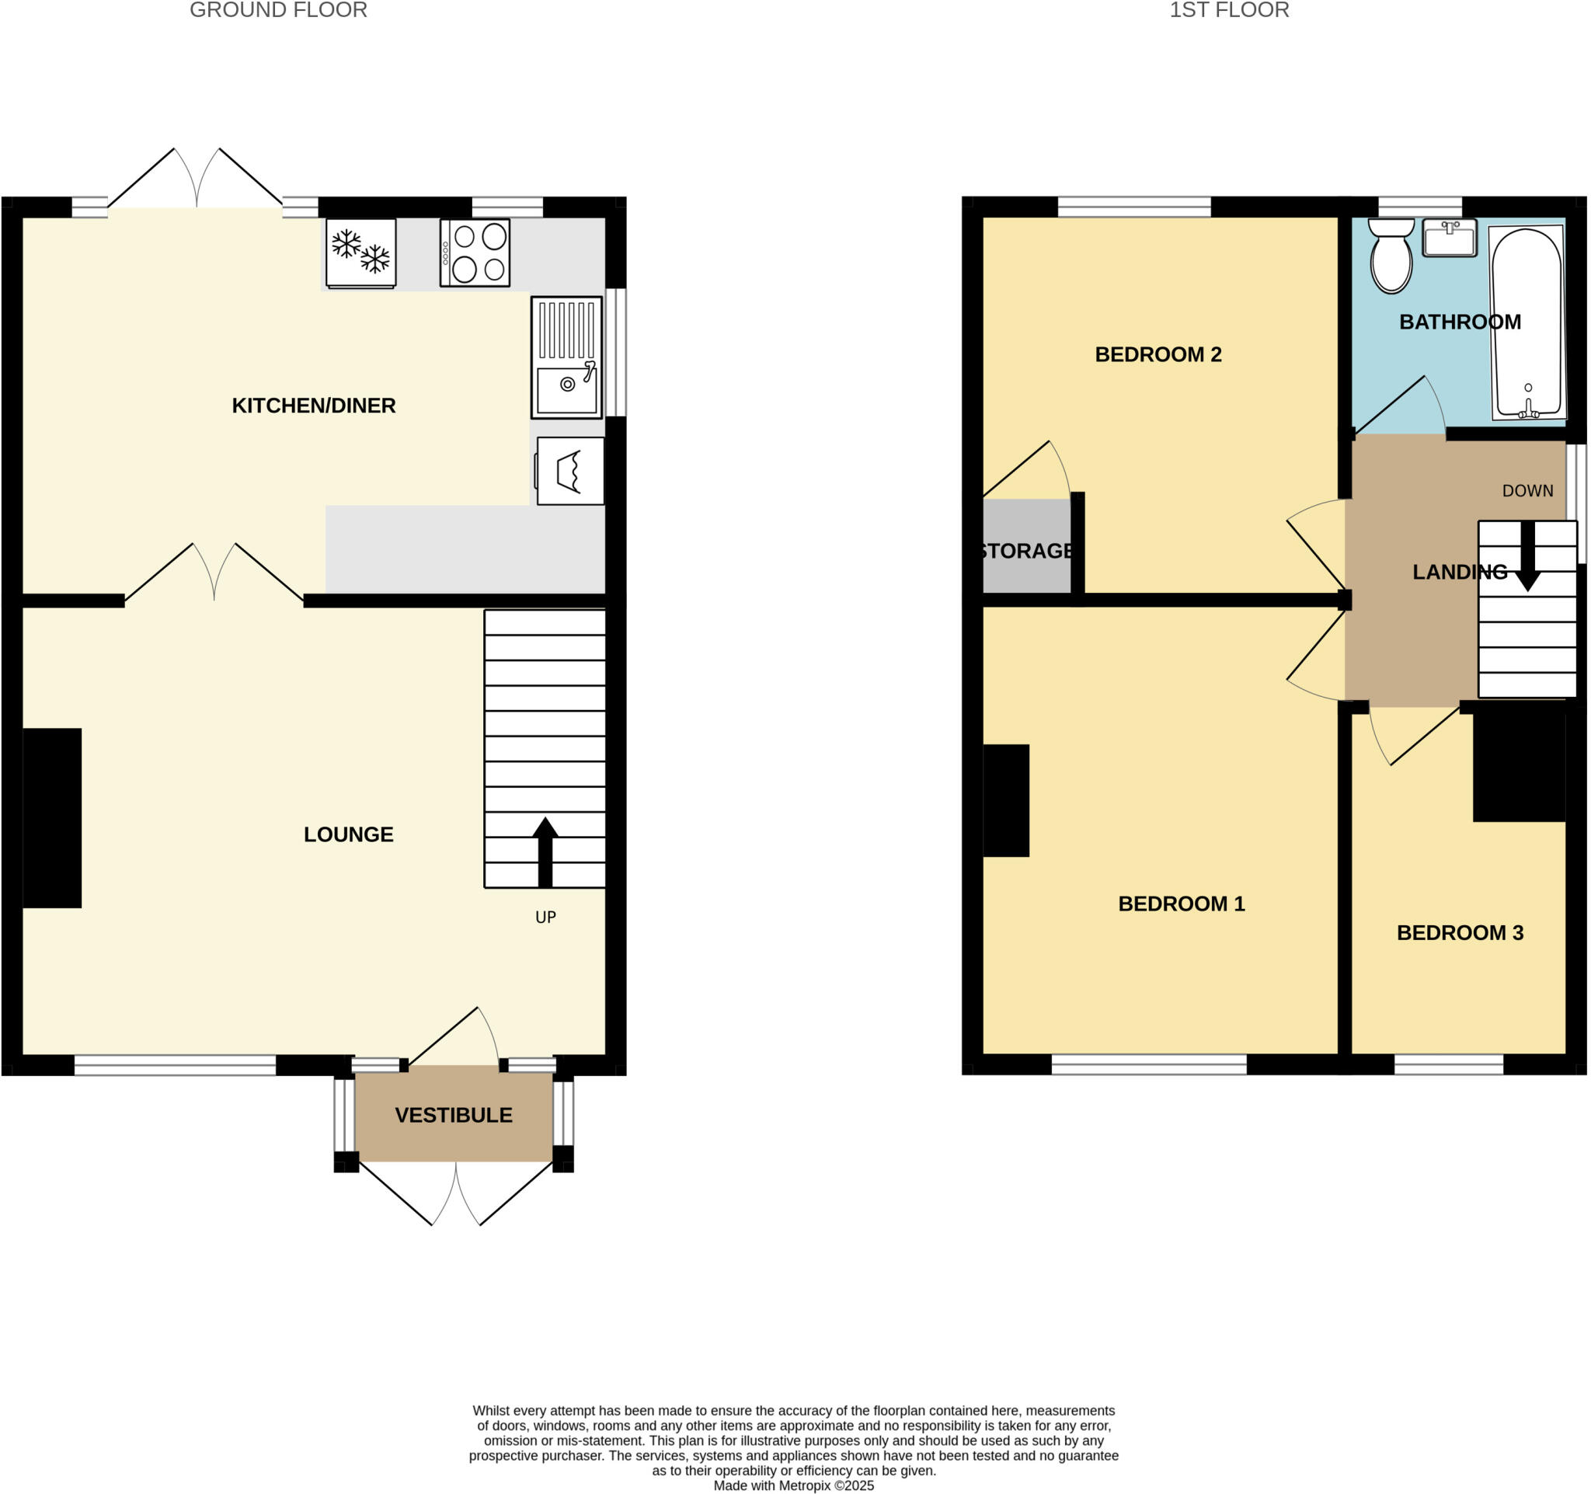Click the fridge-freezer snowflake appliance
click(361, 252)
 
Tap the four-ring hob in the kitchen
click(475, 252)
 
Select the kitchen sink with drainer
click(566, 357)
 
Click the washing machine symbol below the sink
click(569, 471)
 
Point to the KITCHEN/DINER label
click(314, 406)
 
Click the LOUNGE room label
click(348, 834)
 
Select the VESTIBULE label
click(453, 1116)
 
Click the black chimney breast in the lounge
click(52, 818)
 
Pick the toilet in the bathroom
click(1391, 256)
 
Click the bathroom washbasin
click(1450, 238)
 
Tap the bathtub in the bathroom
click(1527, 322)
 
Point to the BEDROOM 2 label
click(1158, 354)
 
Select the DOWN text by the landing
click(1527, 491)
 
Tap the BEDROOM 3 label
click(1460, 933)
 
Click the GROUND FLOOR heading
click(279, 10)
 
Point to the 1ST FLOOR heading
click(1229, 10)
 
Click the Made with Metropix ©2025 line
click(793, 1486)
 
